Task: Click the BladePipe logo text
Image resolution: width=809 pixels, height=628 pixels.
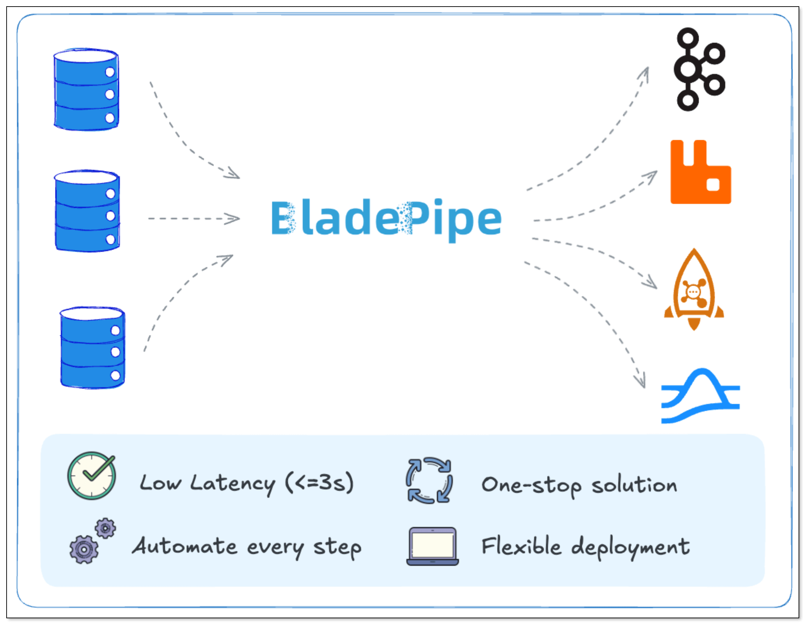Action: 386,218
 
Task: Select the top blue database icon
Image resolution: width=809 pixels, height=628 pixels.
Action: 86,90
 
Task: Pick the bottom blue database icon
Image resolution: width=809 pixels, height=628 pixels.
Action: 92,348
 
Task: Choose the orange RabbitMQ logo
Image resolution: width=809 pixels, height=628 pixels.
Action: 701,173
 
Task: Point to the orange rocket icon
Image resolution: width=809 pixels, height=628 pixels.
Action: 694,290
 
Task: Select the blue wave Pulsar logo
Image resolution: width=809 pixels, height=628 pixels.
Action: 701,396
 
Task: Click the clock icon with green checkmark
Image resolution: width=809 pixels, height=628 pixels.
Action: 91,476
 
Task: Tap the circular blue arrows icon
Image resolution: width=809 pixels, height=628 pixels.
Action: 429,480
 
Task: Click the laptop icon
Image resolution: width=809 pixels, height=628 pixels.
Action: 432,546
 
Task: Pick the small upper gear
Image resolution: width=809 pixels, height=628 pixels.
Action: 106,528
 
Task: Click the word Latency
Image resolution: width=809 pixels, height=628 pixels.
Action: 232,484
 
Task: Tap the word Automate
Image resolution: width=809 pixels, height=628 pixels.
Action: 185,546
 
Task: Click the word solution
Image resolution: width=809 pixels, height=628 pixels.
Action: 634,485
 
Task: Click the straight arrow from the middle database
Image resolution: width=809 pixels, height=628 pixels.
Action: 193,219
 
